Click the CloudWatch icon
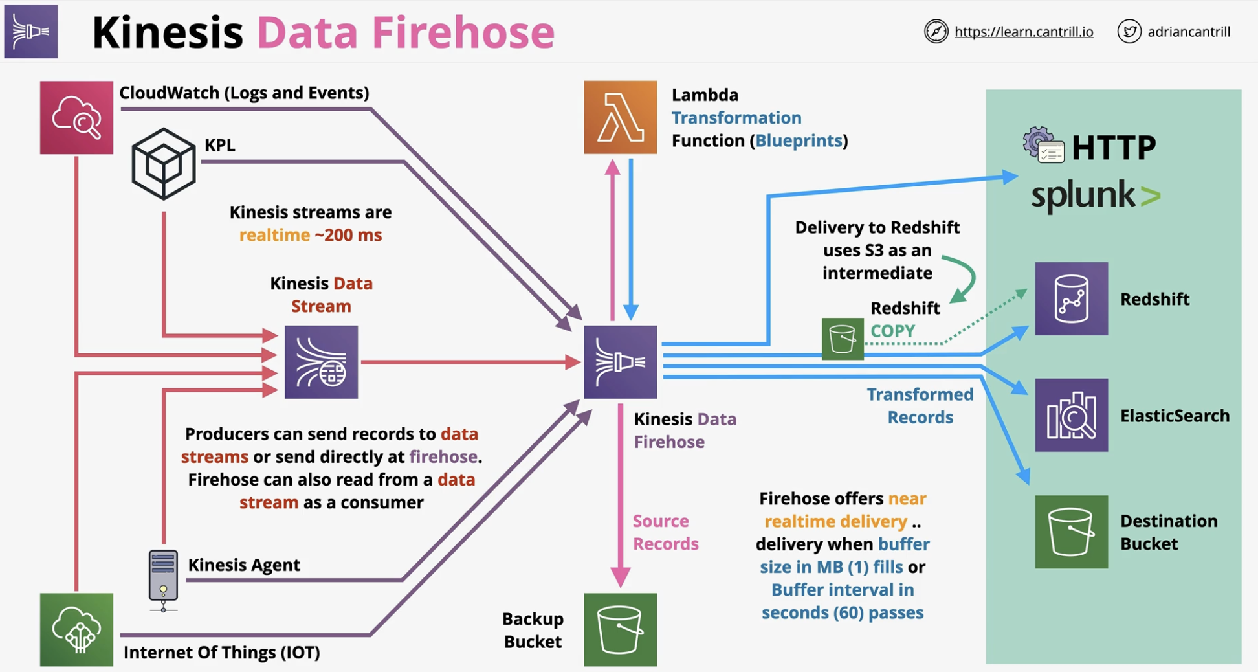(76, 117)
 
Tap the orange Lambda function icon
(620, 117)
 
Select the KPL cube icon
(164, 164)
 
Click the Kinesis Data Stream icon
(321, 362)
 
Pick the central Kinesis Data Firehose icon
(620, 362)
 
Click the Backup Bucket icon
(620, 629)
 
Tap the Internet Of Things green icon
(76, 629)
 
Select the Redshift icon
(1071, 298)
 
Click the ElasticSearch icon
(1071, 415)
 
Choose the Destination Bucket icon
(1071, 532)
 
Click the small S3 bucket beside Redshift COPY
(843, 339)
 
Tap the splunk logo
(1096, 195)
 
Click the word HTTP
(1114, 148)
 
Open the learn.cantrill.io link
(1024, 32)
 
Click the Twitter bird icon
(1129, 31)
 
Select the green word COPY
(892, 331)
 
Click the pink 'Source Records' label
(665, 532)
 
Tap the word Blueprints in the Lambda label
(799, 140)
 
